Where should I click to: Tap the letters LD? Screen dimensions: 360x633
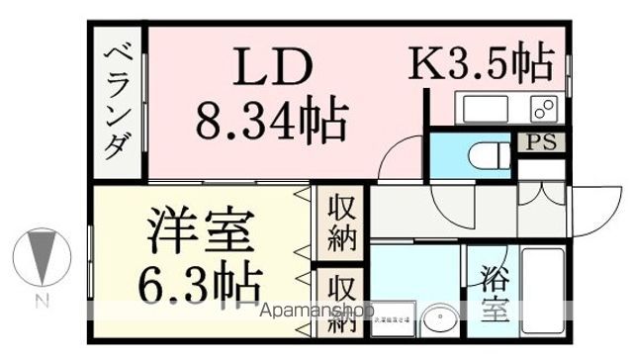click(274, 69)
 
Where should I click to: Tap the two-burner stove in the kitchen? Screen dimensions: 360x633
click(542, 107)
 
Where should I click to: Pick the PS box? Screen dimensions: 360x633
click(541, 142)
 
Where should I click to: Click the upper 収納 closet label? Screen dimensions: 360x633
click(339, 224)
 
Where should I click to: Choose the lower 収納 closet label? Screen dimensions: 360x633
click(339, 301)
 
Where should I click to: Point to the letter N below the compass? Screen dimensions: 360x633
click(43, 300)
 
